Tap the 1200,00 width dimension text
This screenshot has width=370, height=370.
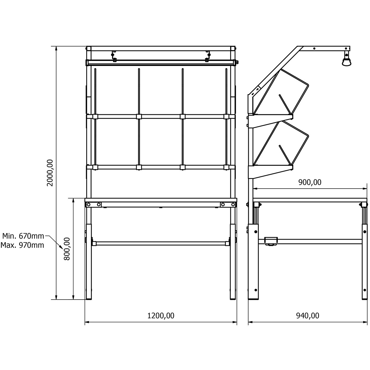click(x=161, y=315)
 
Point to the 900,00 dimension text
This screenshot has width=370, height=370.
click(x=310, y=182)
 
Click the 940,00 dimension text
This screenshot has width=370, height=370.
click(x=308, y=315)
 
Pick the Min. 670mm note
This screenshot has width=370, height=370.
click(x=23, y=236)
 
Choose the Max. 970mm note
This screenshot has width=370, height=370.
click(x=22, y=245)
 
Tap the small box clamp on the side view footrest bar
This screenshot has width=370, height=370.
click(x=271, y=241)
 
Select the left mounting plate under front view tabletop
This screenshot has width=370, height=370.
click(x=94, y=205)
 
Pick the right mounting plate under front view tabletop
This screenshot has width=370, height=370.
click(x=228, y=205)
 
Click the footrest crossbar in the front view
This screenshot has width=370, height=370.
click(x=161, y=243)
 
